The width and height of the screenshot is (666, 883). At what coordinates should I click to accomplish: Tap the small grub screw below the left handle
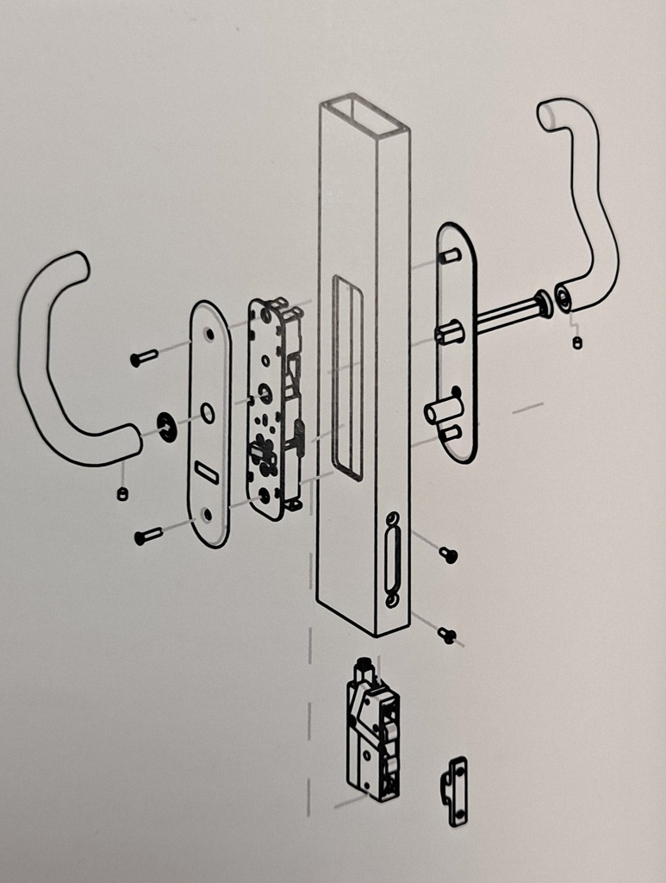click(x=122, y=493)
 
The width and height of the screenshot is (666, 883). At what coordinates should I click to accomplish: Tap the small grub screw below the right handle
click(x=576, y=342)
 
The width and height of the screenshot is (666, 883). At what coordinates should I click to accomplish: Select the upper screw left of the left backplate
click(x=143, y=356)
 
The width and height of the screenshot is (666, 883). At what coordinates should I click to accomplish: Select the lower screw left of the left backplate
click(x=147, y=536)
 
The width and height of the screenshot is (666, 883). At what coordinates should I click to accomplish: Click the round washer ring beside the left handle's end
click(x=166, y=426)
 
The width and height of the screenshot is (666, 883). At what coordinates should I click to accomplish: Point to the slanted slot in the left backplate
click(x=206, y=472)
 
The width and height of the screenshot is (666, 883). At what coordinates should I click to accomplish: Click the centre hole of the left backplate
click(x=209, y=413)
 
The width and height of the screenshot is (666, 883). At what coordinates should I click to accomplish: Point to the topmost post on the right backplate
click(x=448, y=256)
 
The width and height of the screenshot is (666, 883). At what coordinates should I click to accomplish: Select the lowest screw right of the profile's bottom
click(x=447, y=636)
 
